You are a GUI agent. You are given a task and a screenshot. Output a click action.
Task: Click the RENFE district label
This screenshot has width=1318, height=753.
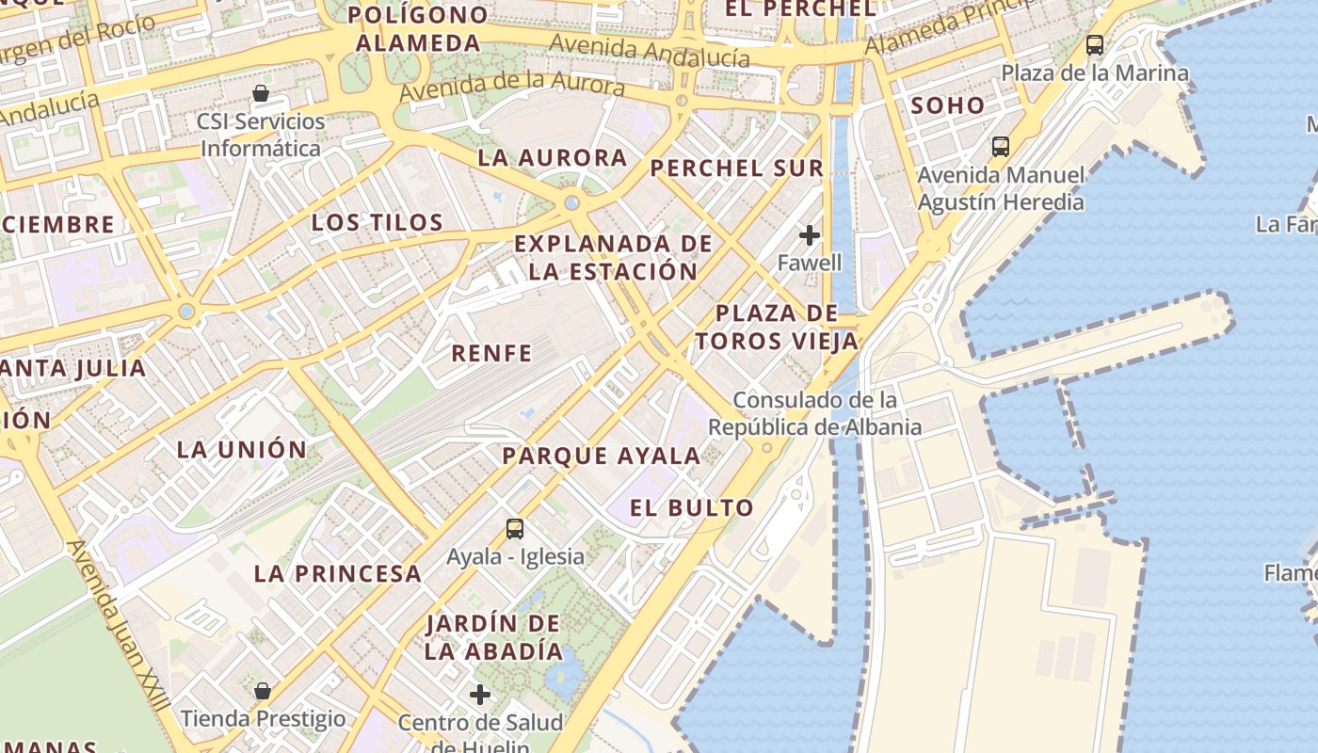(491, 354)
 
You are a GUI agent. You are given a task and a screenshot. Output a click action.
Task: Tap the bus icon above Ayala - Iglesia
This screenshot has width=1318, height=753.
(515, 529)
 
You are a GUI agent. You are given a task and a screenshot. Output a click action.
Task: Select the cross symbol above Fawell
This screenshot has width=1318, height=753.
(809, 235)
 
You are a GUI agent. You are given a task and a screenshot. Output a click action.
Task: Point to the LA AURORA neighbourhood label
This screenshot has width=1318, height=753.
(552, 157)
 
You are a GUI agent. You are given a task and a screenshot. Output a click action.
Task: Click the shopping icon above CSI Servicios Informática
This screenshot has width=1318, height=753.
(261, 94)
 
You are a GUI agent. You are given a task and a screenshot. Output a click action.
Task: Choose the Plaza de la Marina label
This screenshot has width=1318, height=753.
(1095, 72)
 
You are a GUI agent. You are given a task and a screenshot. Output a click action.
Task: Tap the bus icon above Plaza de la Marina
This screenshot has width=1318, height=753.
(1095, 44)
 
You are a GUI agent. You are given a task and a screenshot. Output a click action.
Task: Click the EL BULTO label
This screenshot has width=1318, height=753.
(692, 508)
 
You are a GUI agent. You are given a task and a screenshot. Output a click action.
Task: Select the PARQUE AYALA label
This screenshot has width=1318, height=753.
(602, 457)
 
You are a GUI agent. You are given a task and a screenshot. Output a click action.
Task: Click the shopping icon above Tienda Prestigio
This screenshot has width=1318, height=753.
(263, 691)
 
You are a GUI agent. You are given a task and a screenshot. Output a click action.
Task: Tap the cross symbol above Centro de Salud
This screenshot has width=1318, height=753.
(480, 696)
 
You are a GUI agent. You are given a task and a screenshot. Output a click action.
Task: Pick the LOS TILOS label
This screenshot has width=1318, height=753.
(377, 223)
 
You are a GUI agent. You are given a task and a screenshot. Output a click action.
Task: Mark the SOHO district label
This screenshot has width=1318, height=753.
(947, 105)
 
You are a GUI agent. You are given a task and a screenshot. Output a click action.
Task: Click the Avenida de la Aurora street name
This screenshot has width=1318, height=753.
(512, 87)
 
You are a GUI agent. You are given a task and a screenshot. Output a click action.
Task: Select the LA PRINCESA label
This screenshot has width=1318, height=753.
(338, 573)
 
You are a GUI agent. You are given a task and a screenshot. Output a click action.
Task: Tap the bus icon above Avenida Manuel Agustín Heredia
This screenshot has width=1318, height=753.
(1001, 147)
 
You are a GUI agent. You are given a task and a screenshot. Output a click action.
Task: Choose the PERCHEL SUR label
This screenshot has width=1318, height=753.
(737, 168)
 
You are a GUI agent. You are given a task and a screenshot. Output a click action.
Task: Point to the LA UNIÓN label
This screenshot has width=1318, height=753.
(242, 450)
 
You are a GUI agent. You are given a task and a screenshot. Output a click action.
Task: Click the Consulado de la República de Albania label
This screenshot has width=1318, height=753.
(815, 413)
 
